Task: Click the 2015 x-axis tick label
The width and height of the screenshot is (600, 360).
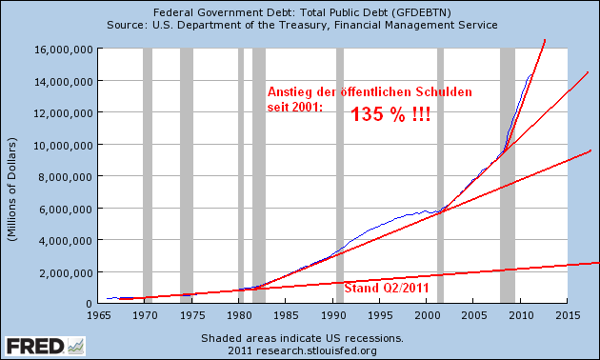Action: (568, 313)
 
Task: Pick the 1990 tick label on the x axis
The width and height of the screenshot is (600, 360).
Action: (334, 313)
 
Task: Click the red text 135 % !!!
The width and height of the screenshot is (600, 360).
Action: (390, 113)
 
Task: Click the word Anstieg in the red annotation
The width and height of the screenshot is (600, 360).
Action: (290, 91)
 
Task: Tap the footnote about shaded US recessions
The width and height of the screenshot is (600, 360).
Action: (301, 338)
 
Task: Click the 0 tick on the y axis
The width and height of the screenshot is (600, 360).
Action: (88, 303)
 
